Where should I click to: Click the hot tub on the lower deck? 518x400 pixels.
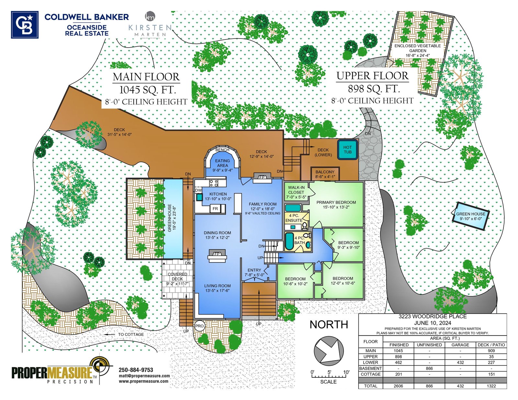point(347,150)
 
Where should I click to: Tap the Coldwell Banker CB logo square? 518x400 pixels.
point(25,25)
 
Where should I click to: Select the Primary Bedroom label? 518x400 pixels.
point(336,202)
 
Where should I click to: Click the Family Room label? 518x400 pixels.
point(263,204)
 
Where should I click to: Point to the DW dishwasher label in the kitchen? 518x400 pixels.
point(198,190)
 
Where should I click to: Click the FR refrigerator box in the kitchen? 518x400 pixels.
point(216,209)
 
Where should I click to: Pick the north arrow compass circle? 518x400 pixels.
point(329,351)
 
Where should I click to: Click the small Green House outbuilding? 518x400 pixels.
point(470,216)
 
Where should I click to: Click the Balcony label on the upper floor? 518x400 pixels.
point(325,172)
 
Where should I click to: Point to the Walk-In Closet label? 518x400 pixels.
point(296,190)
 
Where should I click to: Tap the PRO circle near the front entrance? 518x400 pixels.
point(199,326)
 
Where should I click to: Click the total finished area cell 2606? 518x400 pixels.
point(398,386)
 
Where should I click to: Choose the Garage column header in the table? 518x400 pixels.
point(460,345)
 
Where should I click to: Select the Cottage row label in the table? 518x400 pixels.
point(370,374)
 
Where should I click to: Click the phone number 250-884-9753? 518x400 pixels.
point(136,370)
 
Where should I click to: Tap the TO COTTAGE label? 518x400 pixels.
point(131,334)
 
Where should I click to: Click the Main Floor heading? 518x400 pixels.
point(146,77)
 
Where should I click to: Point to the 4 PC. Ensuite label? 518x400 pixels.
point(294,218)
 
